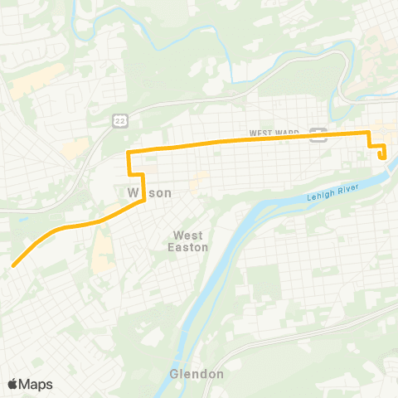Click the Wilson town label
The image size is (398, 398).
tap(149, 192)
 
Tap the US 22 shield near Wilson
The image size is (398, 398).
tap(119, 121)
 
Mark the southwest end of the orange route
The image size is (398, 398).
tap(13, 265)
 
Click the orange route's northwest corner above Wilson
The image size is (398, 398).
tap(128, 153)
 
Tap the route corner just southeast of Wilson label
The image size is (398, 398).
tap(144, 200)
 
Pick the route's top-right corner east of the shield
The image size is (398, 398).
tap(369, 133)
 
